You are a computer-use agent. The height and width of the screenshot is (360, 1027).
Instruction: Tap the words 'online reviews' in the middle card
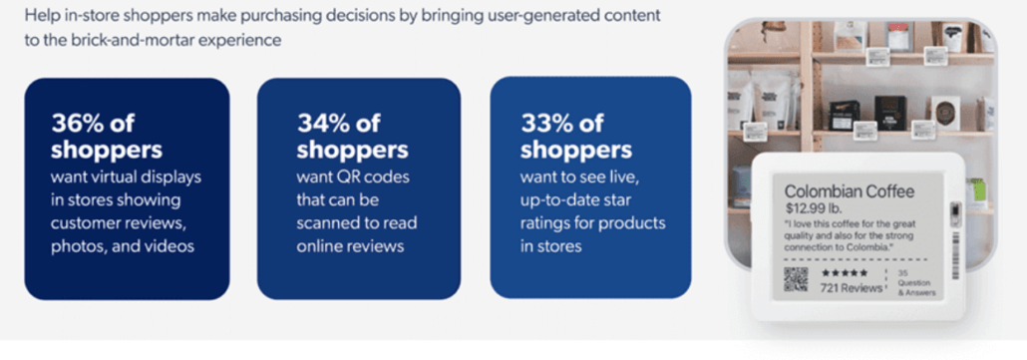349,244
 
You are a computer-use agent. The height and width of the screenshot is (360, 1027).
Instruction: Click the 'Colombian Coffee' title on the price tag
848,190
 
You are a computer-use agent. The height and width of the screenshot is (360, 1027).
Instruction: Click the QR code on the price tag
796,278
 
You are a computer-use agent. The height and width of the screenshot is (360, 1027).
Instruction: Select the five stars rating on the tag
844,271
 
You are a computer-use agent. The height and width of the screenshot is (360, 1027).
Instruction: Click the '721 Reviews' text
851,288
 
